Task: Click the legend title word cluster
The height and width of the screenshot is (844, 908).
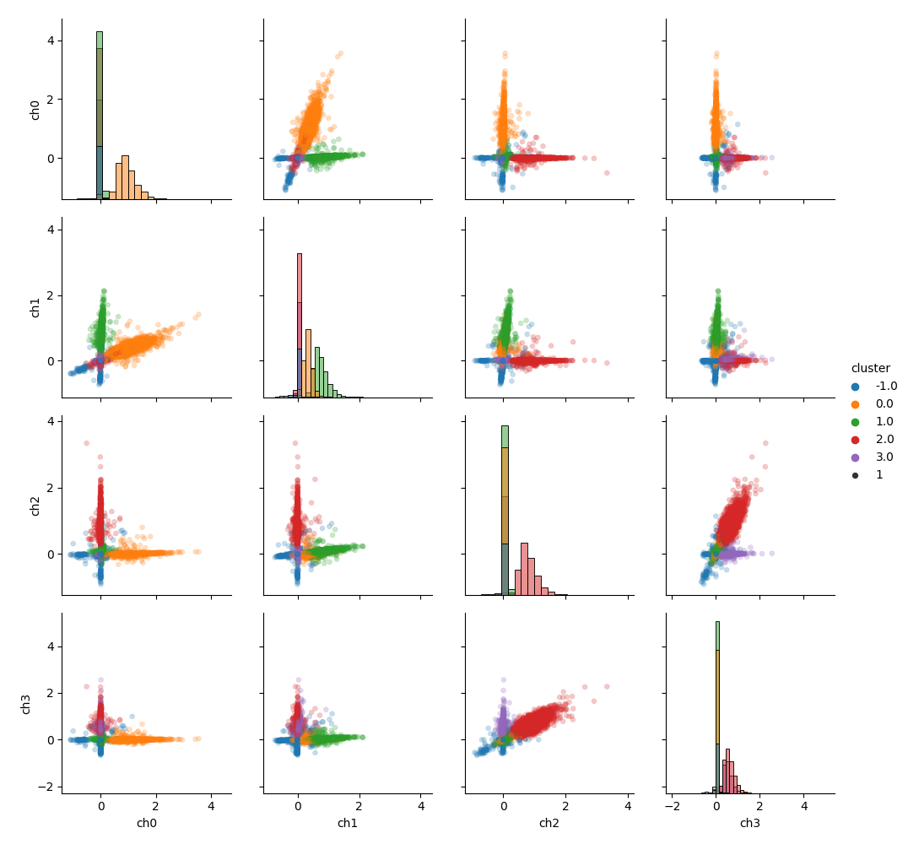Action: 870,369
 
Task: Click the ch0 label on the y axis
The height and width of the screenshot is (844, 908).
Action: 35,110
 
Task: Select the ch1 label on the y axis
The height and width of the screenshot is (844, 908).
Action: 35,307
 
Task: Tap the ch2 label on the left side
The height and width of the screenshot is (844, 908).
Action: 35,506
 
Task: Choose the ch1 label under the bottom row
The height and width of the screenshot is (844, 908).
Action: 348,823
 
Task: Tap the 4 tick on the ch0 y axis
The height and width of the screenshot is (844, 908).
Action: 51,41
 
